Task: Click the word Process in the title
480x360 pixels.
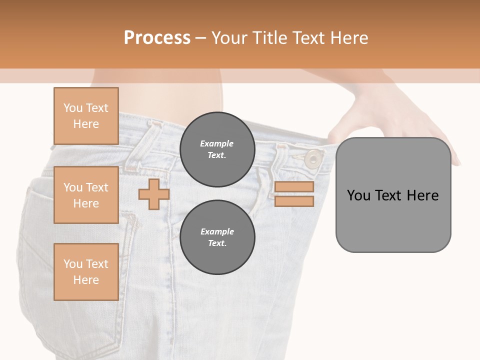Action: [x=157, y=38]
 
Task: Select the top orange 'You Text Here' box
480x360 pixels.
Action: [x=86, y=116]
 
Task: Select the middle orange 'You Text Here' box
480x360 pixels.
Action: [x=86, y=195]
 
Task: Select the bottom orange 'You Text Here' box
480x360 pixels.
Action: [x=86, y=271]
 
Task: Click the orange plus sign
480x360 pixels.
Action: [x=153, y=194]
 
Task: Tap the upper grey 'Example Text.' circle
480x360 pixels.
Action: [x=217, y=149]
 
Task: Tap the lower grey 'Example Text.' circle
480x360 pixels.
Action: [x=217, y=237]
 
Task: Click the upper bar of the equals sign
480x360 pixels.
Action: [x=294, y=187]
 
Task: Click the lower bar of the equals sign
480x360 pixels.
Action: [x=294, y=201]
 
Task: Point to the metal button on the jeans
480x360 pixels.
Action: [x=313, y=159]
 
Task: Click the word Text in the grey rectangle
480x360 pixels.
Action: [x=388, y=195]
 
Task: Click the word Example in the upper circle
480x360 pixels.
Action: [x=217, y=143]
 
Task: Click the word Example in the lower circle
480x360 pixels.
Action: [x=217, y=231]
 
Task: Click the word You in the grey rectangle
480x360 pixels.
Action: [x=358, y=195]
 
